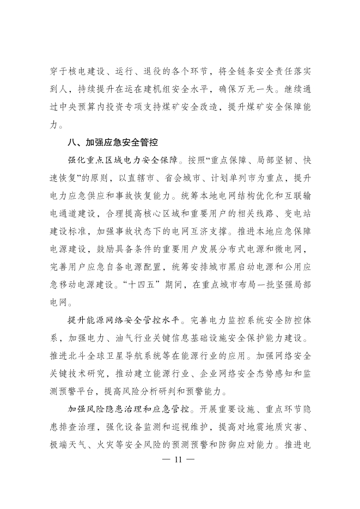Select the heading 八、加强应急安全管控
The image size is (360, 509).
pyautogui.click(x=112, y=143)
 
